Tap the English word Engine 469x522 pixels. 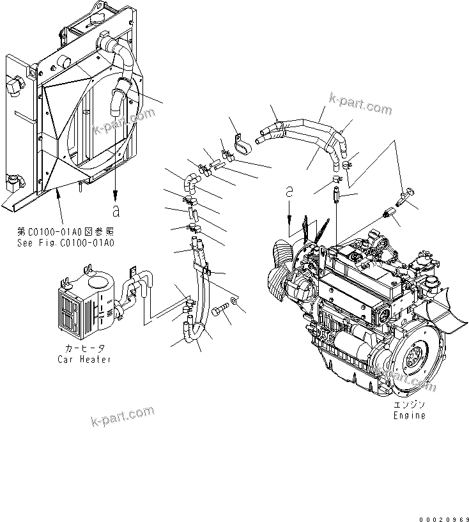pos(409,415)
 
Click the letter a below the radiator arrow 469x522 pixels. pos(116,210)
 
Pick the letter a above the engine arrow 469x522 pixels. pos(289,191)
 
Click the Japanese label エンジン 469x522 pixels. pos(409,405)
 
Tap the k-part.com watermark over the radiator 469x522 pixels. pos(125,121)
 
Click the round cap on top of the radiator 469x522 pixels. pos(65,62)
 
